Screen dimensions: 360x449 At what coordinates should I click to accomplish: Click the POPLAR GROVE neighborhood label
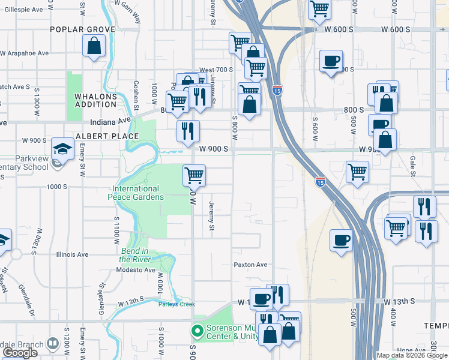pyautogui.click(x=78, y=29)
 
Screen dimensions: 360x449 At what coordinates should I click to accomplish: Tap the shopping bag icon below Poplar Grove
pyautogui.click(x=94, y=46)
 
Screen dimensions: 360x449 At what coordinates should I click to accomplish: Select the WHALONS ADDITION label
pyautogui.click(x=95, y=100)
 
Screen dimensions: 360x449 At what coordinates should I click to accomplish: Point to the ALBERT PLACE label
pyautogui.click(x=107, y=136)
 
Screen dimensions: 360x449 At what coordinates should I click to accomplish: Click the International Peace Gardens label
pyautogui.click(x=136, y=193)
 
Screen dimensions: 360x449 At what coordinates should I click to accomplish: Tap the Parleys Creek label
pyautogui.click(x=177, y=304)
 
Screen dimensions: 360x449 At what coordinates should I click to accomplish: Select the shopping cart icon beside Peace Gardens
pyautogui.click(x=194, y=176)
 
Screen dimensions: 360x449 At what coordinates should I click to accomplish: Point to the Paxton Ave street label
pyautogui.click(x=250, y=265)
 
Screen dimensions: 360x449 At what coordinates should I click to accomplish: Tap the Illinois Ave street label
pyautogui.click(x=73, y=254)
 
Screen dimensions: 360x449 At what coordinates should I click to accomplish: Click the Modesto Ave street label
pyautogui.click(x=137, y=270)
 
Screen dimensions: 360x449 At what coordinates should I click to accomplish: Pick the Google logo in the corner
pyautogui.click(x=20, y=353)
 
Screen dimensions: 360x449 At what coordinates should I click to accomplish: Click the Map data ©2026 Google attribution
pyautogui.click(x=412, y=355)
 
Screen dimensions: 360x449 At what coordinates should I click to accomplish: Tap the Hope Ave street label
pyautogui.click(x=411, y=350)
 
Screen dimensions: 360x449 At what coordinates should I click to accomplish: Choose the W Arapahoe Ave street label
pyautogui.click(x=25, y=53)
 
